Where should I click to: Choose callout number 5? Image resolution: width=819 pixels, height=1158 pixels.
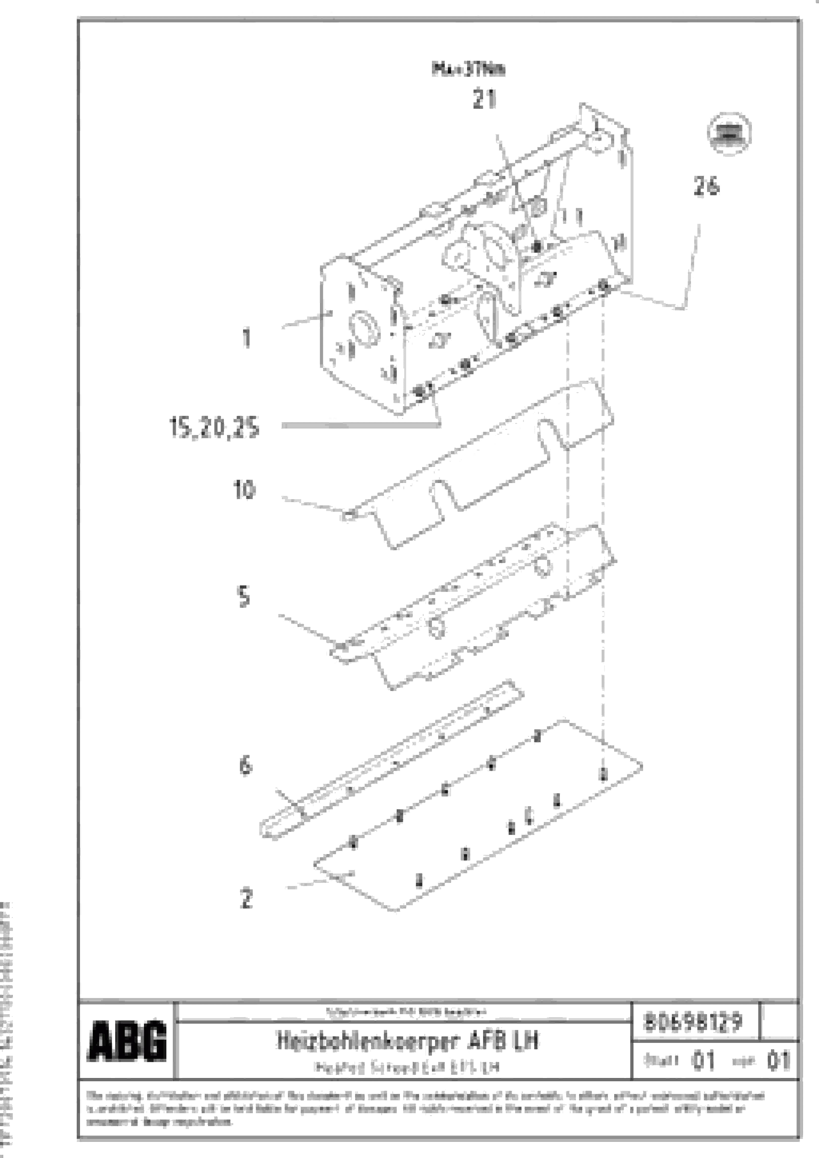[244, 597]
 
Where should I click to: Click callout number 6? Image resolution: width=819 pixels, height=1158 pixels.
[245, 766]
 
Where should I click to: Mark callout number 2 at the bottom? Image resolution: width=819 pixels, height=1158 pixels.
[246, 898]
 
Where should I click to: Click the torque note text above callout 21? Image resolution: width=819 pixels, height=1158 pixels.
[468, 69]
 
